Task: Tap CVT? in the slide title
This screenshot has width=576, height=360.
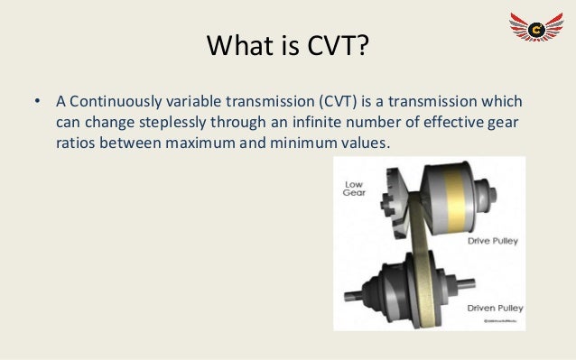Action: click(x=336, y=44)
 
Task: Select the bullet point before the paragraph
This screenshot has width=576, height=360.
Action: click(x=28, y=100)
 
